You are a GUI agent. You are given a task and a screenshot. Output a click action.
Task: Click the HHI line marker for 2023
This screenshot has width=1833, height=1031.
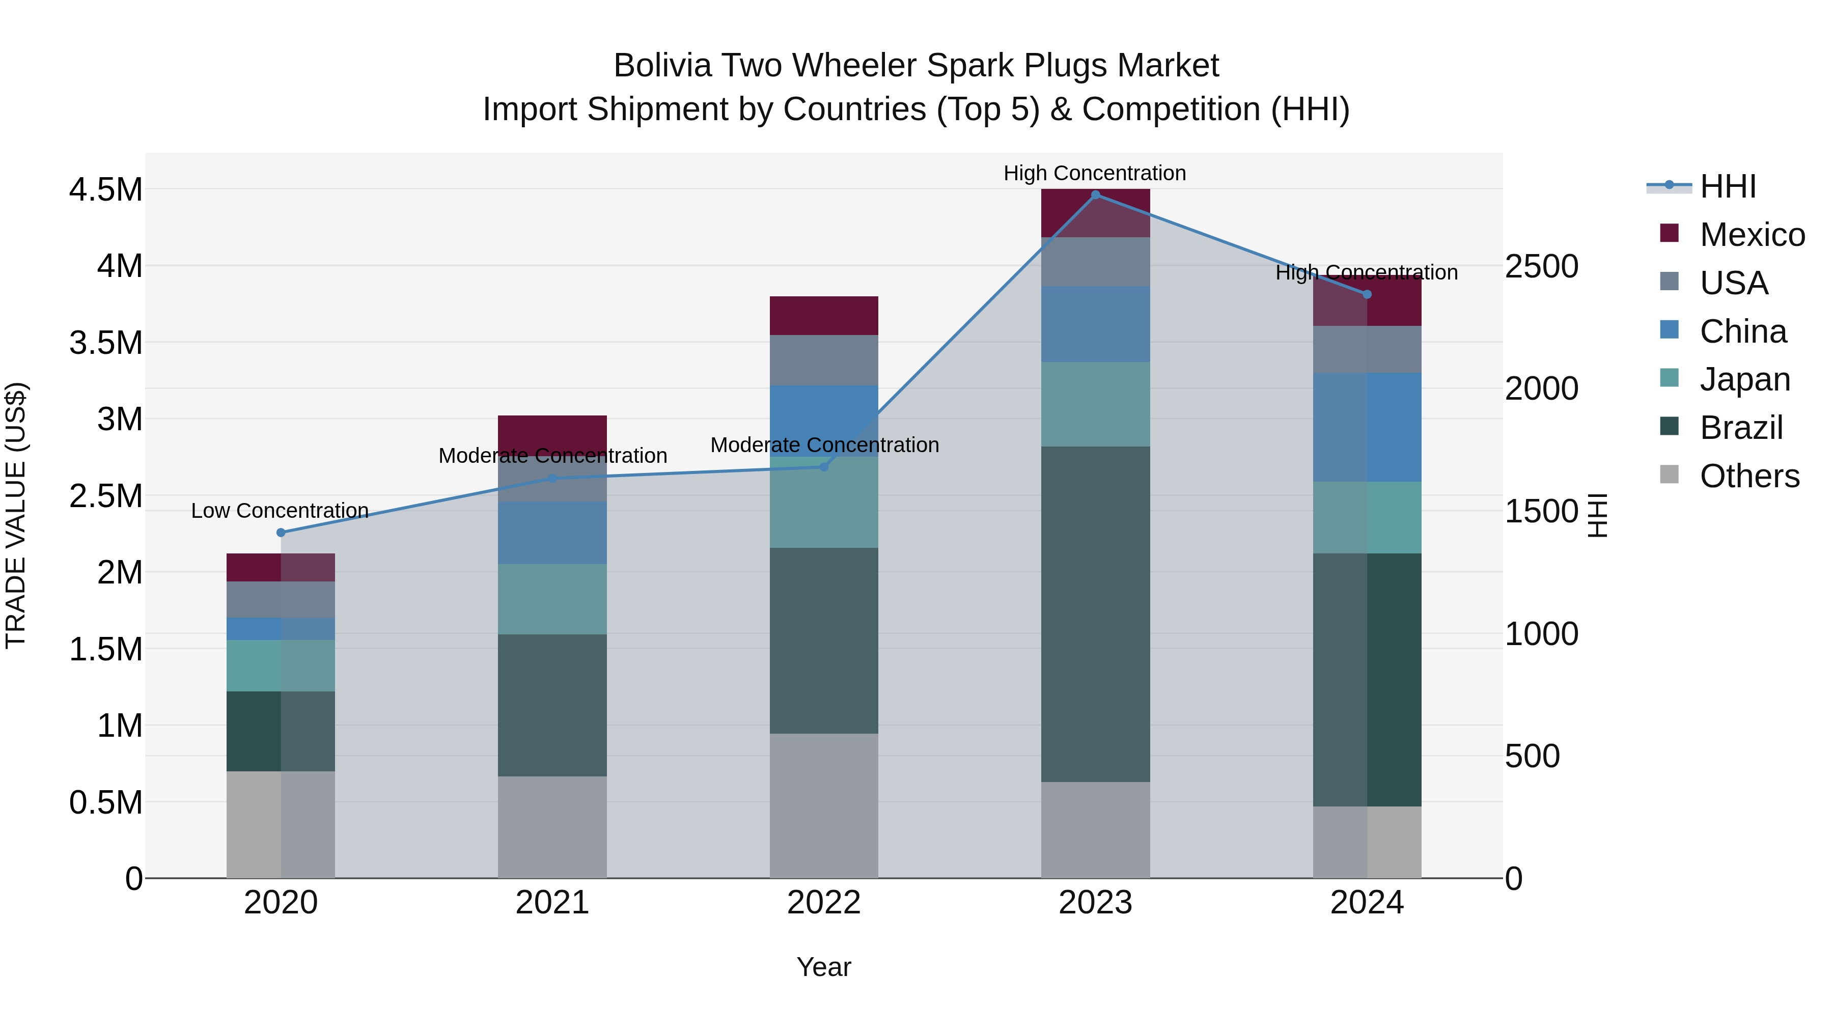click(1096, 194)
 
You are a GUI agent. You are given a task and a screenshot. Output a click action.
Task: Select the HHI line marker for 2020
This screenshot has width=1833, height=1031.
click(281, 532)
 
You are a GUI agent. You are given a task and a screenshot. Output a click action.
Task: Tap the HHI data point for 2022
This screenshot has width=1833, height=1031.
click(824, 467)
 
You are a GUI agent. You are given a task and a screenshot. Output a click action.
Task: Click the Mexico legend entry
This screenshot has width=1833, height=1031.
click(1752, 235)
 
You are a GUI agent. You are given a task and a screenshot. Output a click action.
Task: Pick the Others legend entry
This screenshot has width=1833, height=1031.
click(1749, 476)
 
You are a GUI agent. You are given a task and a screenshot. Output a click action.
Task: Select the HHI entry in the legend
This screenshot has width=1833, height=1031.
click(1728, 186)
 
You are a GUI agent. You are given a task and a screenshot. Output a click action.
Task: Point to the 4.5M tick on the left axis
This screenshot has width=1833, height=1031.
click(105, 190)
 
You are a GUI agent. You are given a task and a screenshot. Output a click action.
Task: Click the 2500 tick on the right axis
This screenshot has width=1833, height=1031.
click(1541, 267)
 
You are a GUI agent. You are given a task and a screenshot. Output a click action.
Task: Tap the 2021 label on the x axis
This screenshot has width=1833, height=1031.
click(552, 903)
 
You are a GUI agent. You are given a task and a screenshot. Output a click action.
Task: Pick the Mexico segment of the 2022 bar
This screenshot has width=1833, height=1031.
click(824, 315)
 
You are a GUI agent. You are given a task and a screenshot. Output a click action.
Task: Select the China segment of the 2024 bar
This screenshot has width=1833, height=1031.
click(1367, 427)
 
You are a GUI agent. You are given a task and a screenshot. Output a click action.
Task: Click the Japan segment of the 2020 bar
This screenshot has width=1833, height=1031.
click(281, 665)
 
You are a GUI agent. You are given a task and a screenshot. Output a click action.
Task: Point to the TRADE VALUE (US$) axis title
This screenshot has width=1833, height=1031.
click(16, 515)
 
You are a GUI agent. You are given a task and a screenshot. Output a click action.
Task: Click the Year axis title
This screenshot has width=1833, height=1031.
click(824, 967)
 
